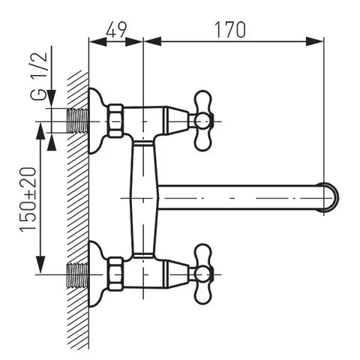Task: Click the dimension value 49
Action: [116, 29]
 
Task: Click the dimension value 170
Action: [230, 29]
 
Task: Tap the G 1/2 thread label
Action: [40, 76]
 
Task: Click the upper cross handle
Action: [203, 121]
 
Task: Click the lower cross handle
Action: [203, 274]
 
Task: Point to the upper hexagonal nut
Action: [115, 121]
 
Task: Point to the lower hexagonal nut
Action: [115, 274]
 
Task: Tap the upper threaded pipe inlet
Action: [78, 121]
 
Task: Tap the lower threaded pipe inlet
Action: [78, 274]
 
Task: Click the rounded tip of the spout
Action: [331, 196]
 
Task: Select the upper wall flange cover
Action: [97, 121]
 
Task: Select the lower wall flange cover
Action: [97, 274]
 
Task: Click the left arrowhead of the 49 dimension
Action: [97, 42]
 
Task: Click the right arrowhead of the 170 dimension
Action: [315, 42]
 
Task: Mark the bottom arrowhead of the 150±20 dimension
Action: [40, 265]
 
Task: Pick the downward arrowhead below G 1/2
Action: [52, 99]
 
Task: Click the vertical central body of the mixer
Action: [144, 198]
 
